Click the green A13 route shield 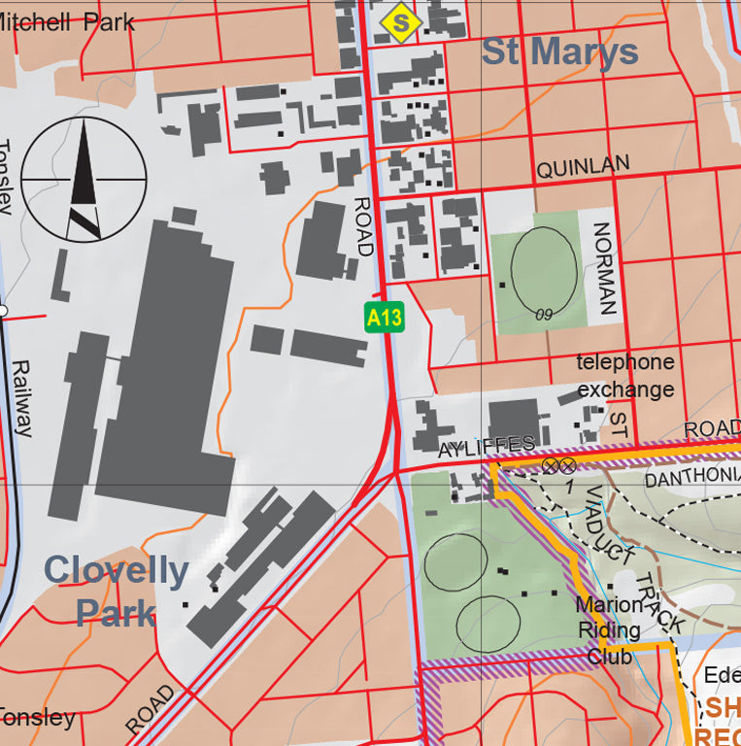[x=384, y=317]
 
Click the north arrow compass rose [x=84, y=180]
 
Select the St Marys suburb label [x=560, y=51]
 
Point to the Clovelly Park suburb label [x=116, y=591]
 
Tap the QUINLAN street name [x=583, y=167]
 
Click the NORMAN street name [x=604, y=269]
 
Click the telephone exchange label [x=625, y=376]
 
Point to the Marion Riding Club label [x=609, y=630]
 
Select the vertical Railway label [x=21, y=398]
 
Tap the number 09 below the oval [x=544, y=315]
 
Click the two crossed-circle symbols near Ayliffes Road [x=558, y=465]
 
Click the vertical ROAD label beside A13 [x=363, y=226]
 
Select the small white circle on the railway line [x=3, y=311]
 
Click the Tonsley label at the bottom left [x=37, y=718]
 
